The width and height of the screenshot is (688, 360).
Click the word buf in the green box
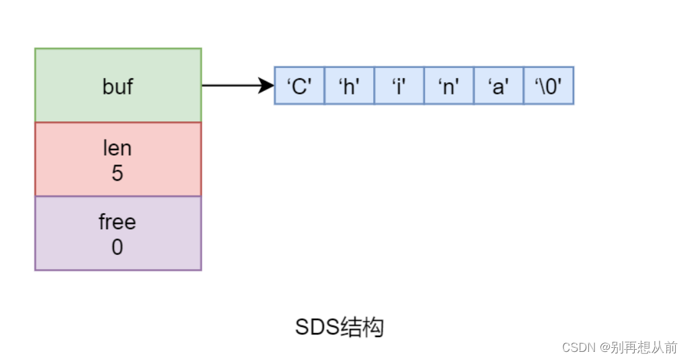[x=118, y=86]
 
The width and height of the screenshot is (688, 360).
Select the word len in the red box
[x=118, y=148]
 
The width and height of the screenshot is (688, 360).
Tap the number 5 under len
[x=118, y=173]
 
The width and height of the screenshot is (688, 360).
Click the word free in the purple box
[x=118, y=222]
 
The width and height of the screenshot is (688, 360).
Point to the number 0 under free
[x=118, y=247]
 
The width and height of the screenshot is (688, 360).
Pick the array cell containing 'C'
[x=299, y=86]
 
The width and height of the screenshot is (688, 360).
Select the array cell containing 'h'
[x=349, y=86]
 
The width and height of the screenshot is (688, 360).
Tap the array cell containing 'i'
[x=399, y=86]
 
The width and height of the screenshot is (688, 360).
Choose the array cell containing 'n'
[x=449, y=86]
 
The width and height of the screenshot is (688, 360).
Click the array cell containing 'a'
[x=499, y=86]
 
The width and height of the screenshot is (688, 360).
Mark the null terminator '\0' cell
[x=549, y=86]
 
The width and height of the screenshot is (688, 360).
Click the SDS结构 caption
[x=339, y=328]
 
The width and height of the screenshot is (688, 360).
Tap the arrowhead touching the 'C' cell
[x=268, y=86]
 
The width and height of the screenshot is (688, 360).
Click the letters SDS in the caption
[x=317, y=328]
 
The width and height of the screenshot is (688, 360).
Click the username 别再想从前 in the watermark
[x=644, y=347]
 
